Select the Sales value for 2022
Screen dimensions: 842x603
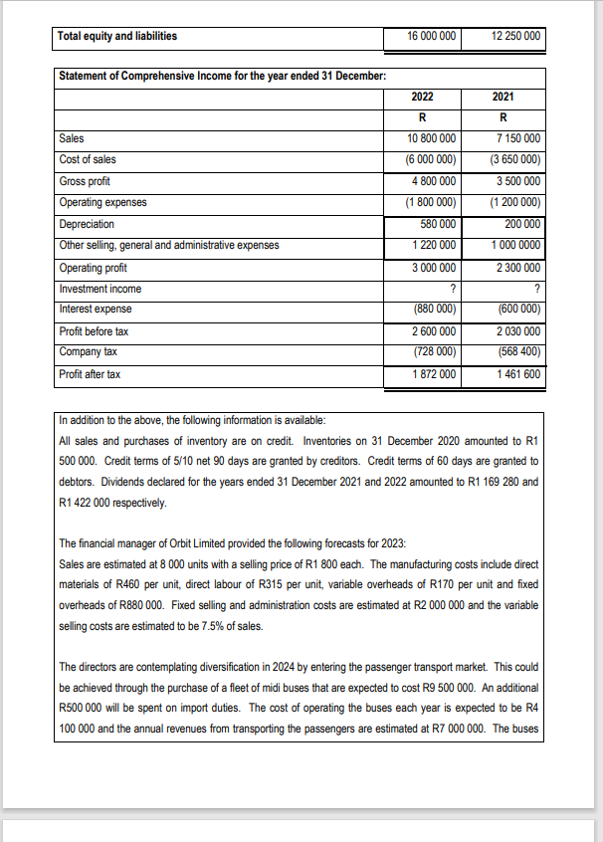point(432,138)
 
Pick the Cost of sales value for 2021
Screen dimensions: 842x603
point(515,159)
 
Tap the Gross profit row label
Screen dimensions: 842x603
point(86,181)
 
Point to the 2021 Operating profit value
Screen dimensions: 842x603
point(515,268)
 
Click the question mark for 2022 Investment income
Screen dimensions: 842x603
point(453,290)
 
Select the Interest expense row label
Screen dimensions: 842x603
point(96,310)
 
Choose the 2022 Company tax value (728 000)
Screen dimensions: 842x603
point(436,352)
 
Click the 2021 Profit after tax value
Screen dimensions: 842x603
point(517,374)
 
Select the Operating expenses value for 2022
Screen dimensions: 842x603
point(432,202)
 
